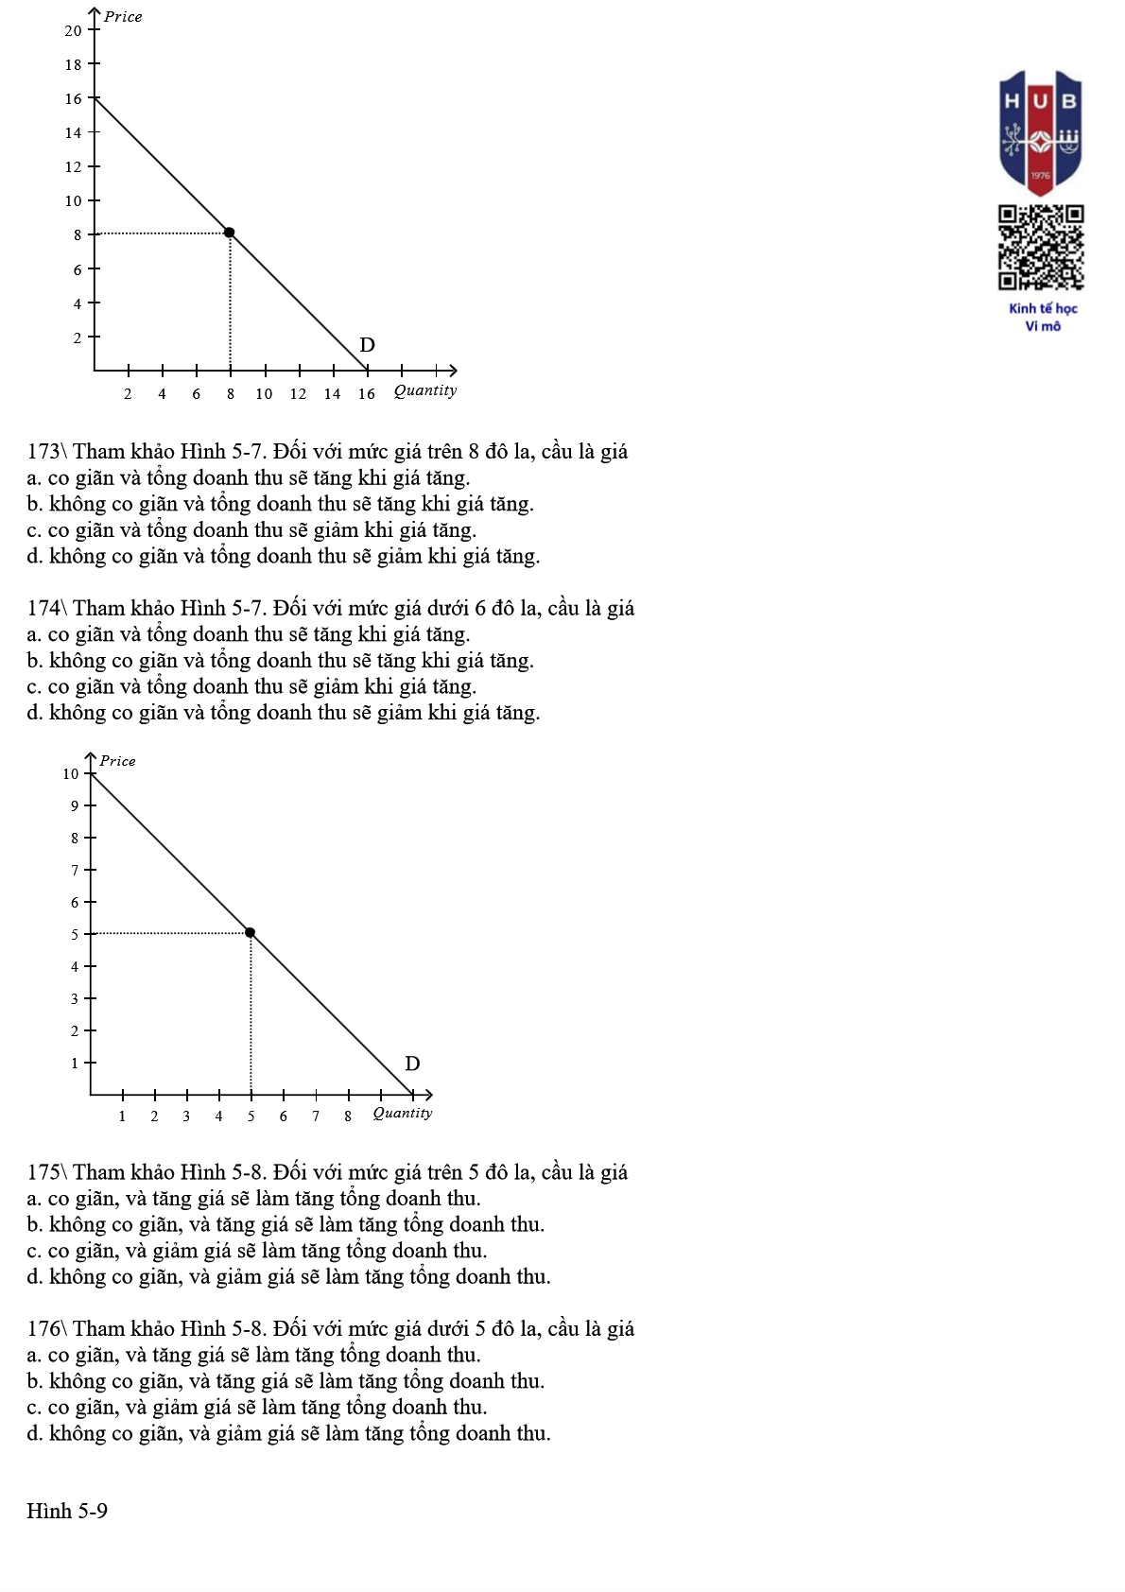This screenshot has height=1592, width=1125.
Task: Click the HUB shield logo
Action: [x=1040, y=131]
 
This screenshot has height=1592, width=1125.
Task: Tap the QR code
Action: [x=1041, y=247]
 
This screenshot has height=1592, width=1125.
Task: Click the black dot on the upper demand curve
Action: [x=229, y=233]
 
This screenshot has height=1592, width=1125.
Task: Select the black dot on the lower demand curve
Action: [x=251, y=933]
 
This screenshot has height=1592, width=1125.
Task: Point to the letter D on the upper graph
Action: [x=368, y=345]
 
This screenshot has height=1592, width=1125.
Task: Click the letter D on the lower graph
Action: [x=412, y=1064]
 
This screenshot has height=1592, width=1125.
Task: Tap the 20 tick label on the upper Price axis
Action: [x=73, y=31]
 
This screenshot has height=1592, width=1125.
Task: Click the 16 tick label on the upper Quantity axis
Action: [x=366, y=394]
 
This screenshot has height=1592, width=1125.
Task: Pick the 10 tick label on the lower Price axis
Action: [x=71, y=774]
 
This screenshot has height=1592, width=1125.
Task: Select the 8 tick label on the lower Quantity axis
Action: [x=348, y=1116]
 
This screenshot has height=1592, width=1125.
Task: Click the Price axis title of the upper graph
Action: [x=123, y=17]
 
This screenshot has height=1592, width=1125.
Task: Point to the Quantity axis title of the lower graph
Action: [x=403, y=1113]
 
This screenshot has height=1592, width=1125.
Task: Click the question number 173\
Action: [x=46, y=452]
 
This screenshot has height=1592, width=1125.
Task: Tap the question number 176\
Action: [x=46, y=1329]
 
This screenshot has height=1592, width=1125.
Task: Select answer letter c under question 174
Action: [x=34, y=687]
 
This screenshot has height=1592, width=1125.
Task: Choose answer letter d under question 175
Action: [x=34, y=1277]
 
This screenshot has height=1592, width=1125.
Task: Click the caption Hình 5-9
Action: [x=67, y=1511]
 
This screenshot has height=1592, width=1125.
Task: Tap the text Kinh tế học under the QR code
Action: [x=1043, y=308]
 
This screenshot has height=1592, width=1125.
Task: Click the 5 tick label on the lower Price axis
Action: [x=75, y=935]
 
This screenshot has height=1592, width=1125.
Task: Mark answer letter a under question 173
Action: [x=34, y=478]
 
